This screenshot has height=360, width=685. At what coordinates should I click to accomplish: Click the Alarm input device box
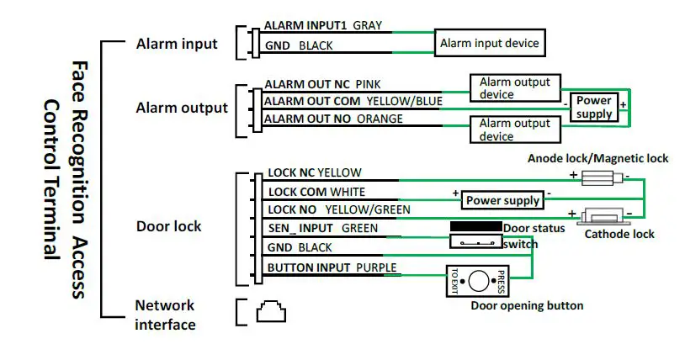(x=488, y=42)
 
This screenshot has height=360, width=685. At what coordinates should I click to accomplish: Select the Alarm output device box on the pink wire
(x=514, y=88)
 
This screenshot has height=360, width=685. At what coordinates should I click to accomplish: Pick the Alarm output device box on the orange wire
(x=514, y=130)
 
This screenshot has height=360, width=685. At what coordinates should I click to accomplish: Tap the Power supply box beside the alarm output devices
(x=594, y=108)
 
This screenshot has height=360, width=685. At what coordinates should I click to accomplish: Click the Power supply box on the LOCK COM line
(x=502, y=200)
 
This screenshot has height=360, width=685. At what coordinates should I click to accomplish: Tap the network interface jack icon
(x=268, y=312)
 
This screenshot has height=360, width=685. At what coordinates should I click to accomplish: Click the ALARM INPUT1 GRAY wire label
(x=322, y=26)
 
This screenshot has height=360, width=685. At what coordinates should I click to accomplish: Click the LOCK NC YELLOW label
(x=314, y=172)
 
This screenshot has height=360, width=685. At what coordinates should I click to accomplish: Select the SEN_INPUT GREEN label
(x=321, y=228)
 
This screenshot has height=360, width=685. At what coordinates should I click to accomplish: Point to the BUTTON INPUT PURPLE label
(x=332, y=267)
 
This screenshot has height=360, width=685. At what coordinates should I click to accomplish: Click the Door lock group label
(x=168, y=226)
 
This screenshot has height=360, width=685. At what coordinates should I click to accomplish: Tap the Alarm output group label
(x=182, y=108)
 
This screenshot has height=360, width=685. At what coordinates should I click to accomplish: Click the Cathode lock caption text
(x=620, y=234)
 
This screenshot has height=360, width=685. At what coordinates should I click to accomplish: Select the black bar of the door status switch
(x=475, y=227)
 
